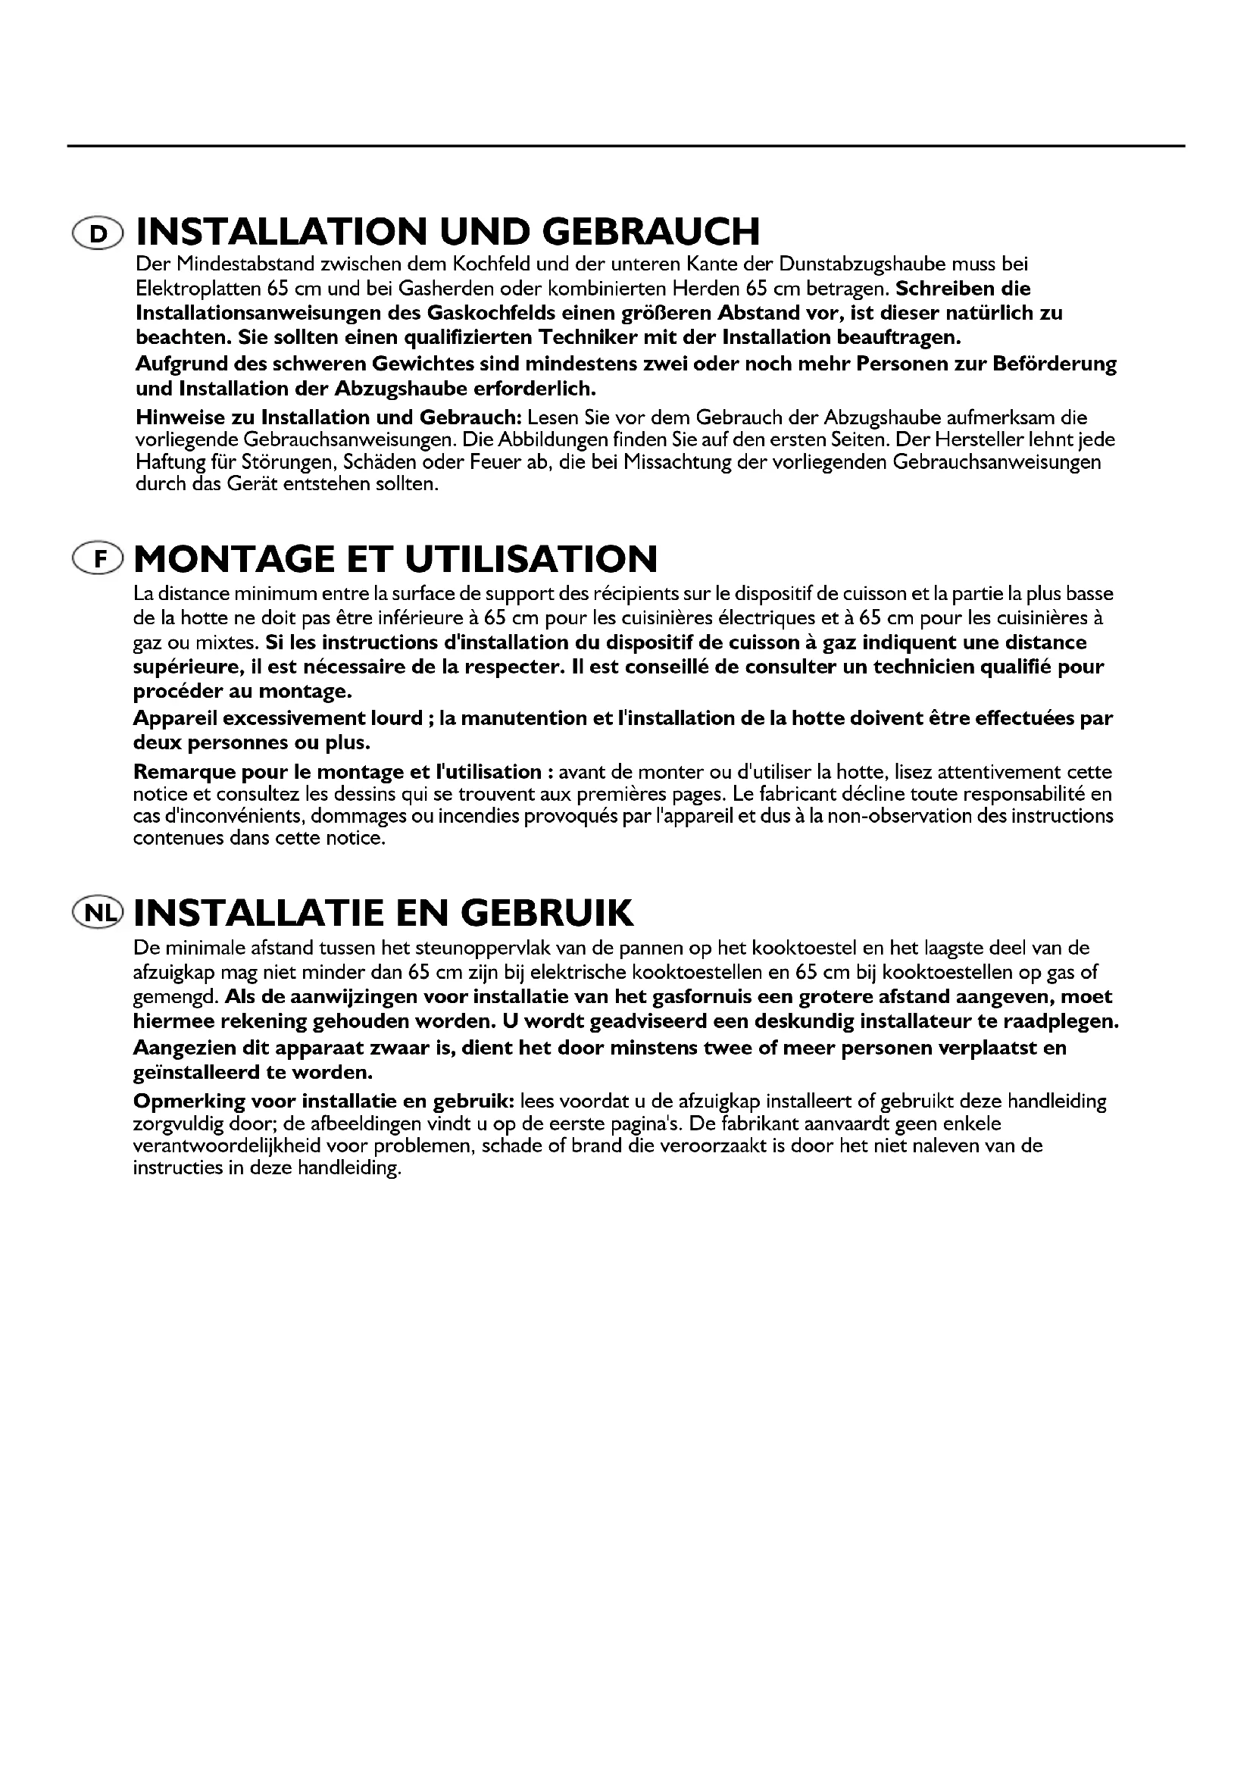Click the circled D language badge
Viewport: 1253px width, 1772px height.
point(96,233)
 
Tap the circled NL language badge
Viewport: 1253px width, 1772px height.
point(96,913)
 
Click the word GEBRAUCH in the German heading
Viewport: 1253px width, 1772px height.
point(651,232)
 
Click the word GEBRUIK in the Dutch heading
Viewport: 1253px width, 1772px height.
point(547,912)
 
